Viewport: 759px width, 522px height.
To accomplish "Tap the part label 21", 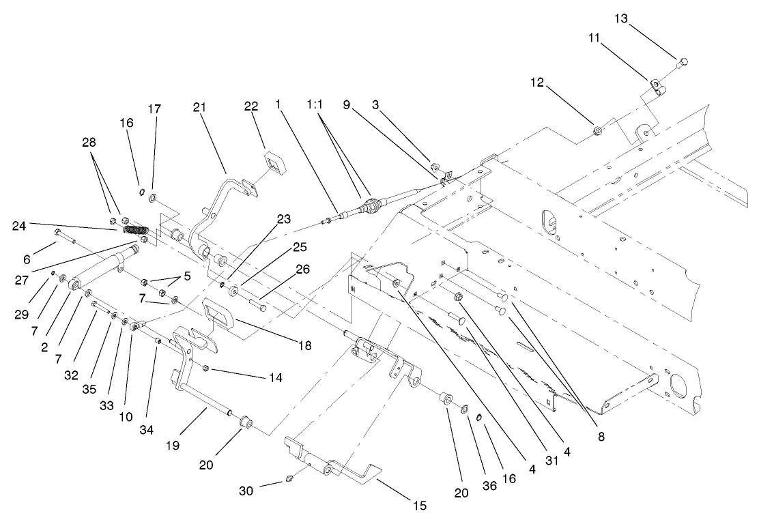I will (199, 108).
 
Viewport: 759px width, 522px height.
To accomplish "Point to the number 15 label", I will (419, 505).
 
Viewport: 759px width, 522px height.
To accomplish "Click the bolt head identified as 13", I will (681, 63).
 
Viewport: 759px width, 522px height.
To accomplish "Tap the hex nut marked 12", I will (597, 130).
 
